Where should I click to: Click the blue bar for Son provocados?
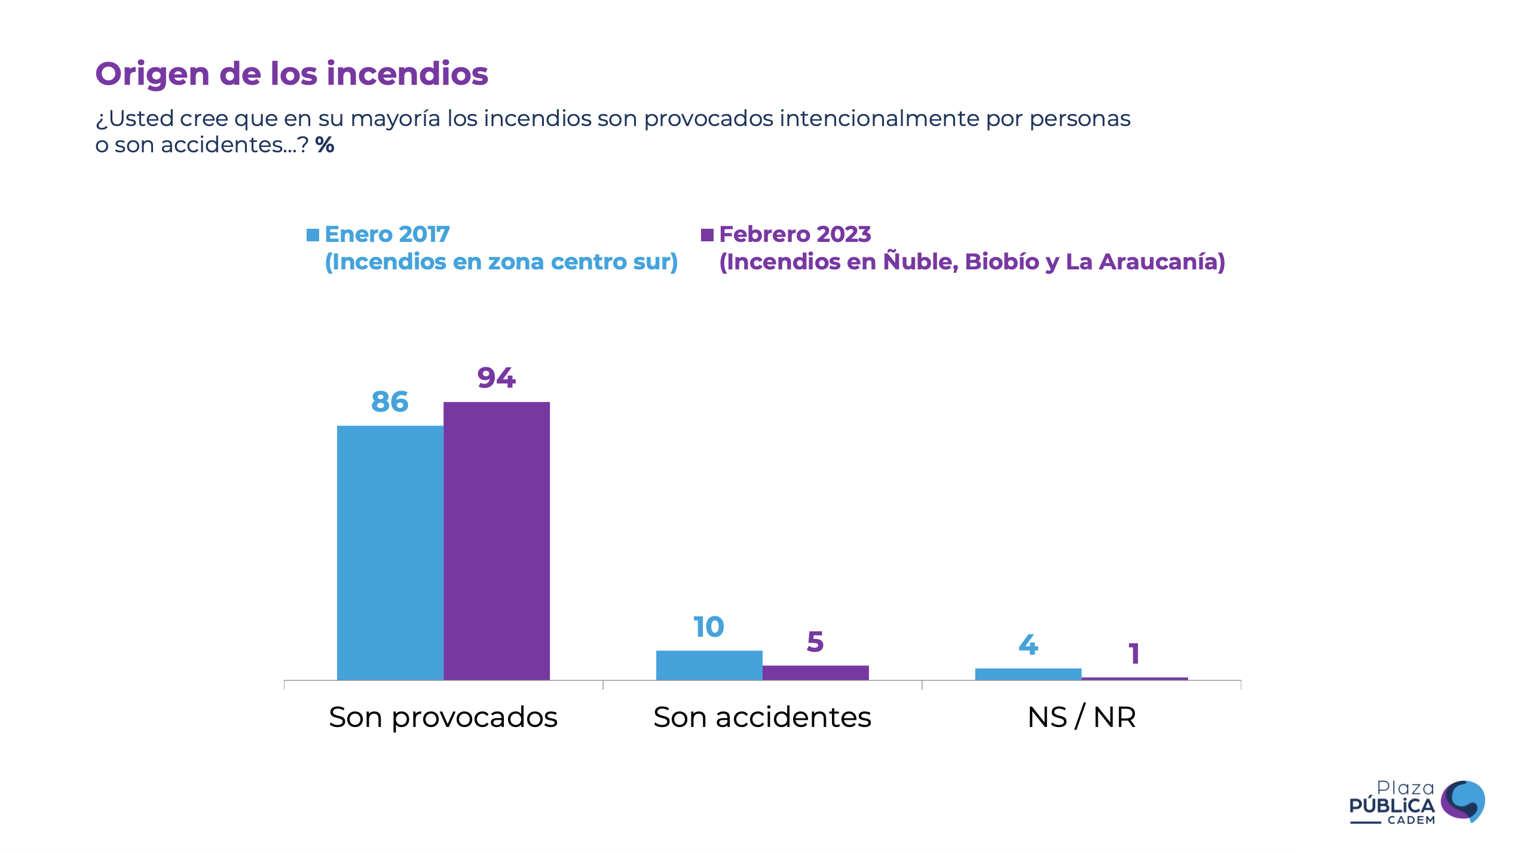pyautogui.click(x=390, y=552)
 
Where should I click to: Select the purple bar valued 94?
pyautogui.click(x=496, y=540)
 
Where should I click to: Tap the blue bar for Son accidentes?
pyautogui.click(x=709, y=664)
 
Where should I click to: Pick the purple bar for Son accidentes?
pyautogui.click(x=815, y=672)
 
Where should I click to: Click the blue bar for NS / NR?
pyautogui.click(x=1028, y=674)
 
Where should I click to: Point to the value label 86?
pyautogui.click(x=390, y=402)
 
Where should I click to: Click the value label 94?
pyautogui.click(x=496, y=378)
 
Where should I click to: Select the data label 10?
pyautogui.click(x=709, y=627)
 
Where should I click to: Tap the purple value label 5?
pyautogui.click(x=815, y=642)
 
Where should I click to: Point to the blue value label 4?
pyautogui.click(x=1028, y=645)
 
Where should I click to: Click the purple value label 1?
pyautogui.click(x=1134, y=654)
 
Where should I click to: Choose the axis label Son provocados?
pyautogui.click(x=443, y=717)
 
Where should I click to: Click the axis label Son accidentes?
pyautogui.click(x=762, y=717)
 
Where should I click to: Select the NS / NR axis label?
pyautogui.click(x=1081, y=717)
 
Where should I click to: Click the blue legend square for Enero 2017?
pyautogui.click(x=313, y=235)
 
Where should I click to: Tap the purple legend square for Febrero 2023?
pyautogui.click(x=707, y=235)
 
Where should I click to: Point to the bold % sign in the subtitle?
pyautogui.click(x=325, y=145)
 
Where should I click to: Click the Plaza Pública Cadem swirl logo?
pyautogui.click(x=1462, y=801)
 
